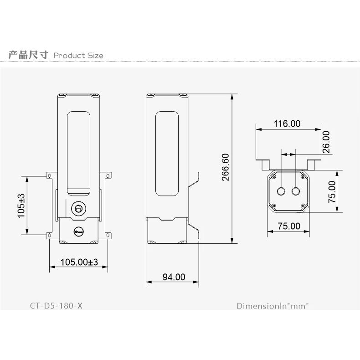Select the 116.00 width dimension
click(287, 123)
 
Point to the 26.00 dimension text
click(327, 142)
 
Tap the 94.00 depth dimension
click(174, 277)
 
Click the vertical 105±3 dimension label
click(21, 206)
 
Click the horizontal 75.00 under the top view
click(289, 226)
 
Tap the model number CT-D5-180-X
click(57, 305)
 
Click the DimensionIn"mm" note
click(273, 305)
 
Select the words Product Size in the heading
click(78, 56)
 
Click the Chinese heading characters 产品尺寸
click(28, 55)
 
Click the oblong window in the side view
click(166, 154)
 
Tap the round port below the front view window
click(78, 208)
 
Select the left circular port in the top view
click(282, 190)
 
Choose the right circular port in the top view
click(296, 190)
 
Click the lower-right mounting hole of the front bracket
click(108, 235)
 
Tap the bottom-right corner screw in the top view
click(303, 206)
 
